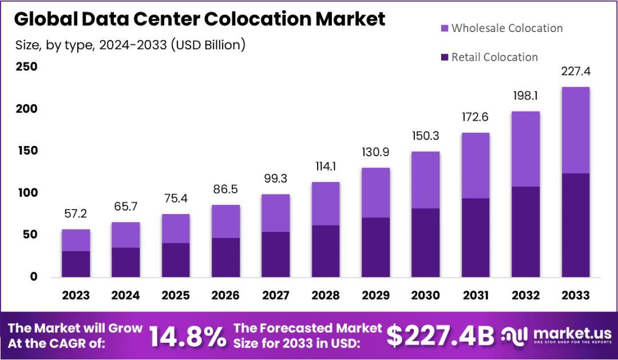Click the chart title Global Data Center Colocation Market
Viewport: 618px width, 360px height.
click(199, 18)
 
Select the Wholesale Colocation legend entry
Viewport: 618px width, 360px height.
click(506, 28)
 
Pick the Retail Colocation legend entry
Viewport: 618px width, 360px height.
click(494, 57)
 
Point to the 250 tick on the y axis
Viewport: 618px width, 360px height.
click(26, 67)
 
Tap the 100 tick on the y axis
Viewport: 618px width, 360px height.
click(26, 193)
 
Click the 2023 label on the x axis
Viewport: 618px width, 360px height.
click(76, 295)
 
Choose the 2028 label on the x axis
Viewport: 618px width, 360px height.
click(325, 295)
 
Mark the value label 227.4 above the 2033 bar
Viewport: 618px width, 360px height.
click(575, 72)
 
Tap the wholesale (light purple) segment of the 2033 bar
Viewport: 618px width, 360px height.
click(575, 130)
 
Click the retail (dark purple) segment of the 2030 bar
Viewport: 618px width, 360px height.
click(425, 243)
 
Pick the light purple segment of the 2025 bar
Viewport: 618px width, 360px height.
click(176, 228)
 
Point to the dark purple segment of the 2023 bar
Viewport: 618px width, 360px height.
click(76, 264)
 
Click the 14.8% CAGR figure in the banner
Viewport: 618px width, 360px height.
click(188, 337)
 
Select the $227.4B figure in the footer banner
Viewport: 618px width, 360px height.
click(440, 337)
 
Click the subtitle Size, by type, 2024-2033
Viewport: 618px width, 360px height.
click(129, 45)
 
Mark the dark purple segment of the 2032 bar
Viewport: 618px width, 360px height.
click(525, 232)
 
